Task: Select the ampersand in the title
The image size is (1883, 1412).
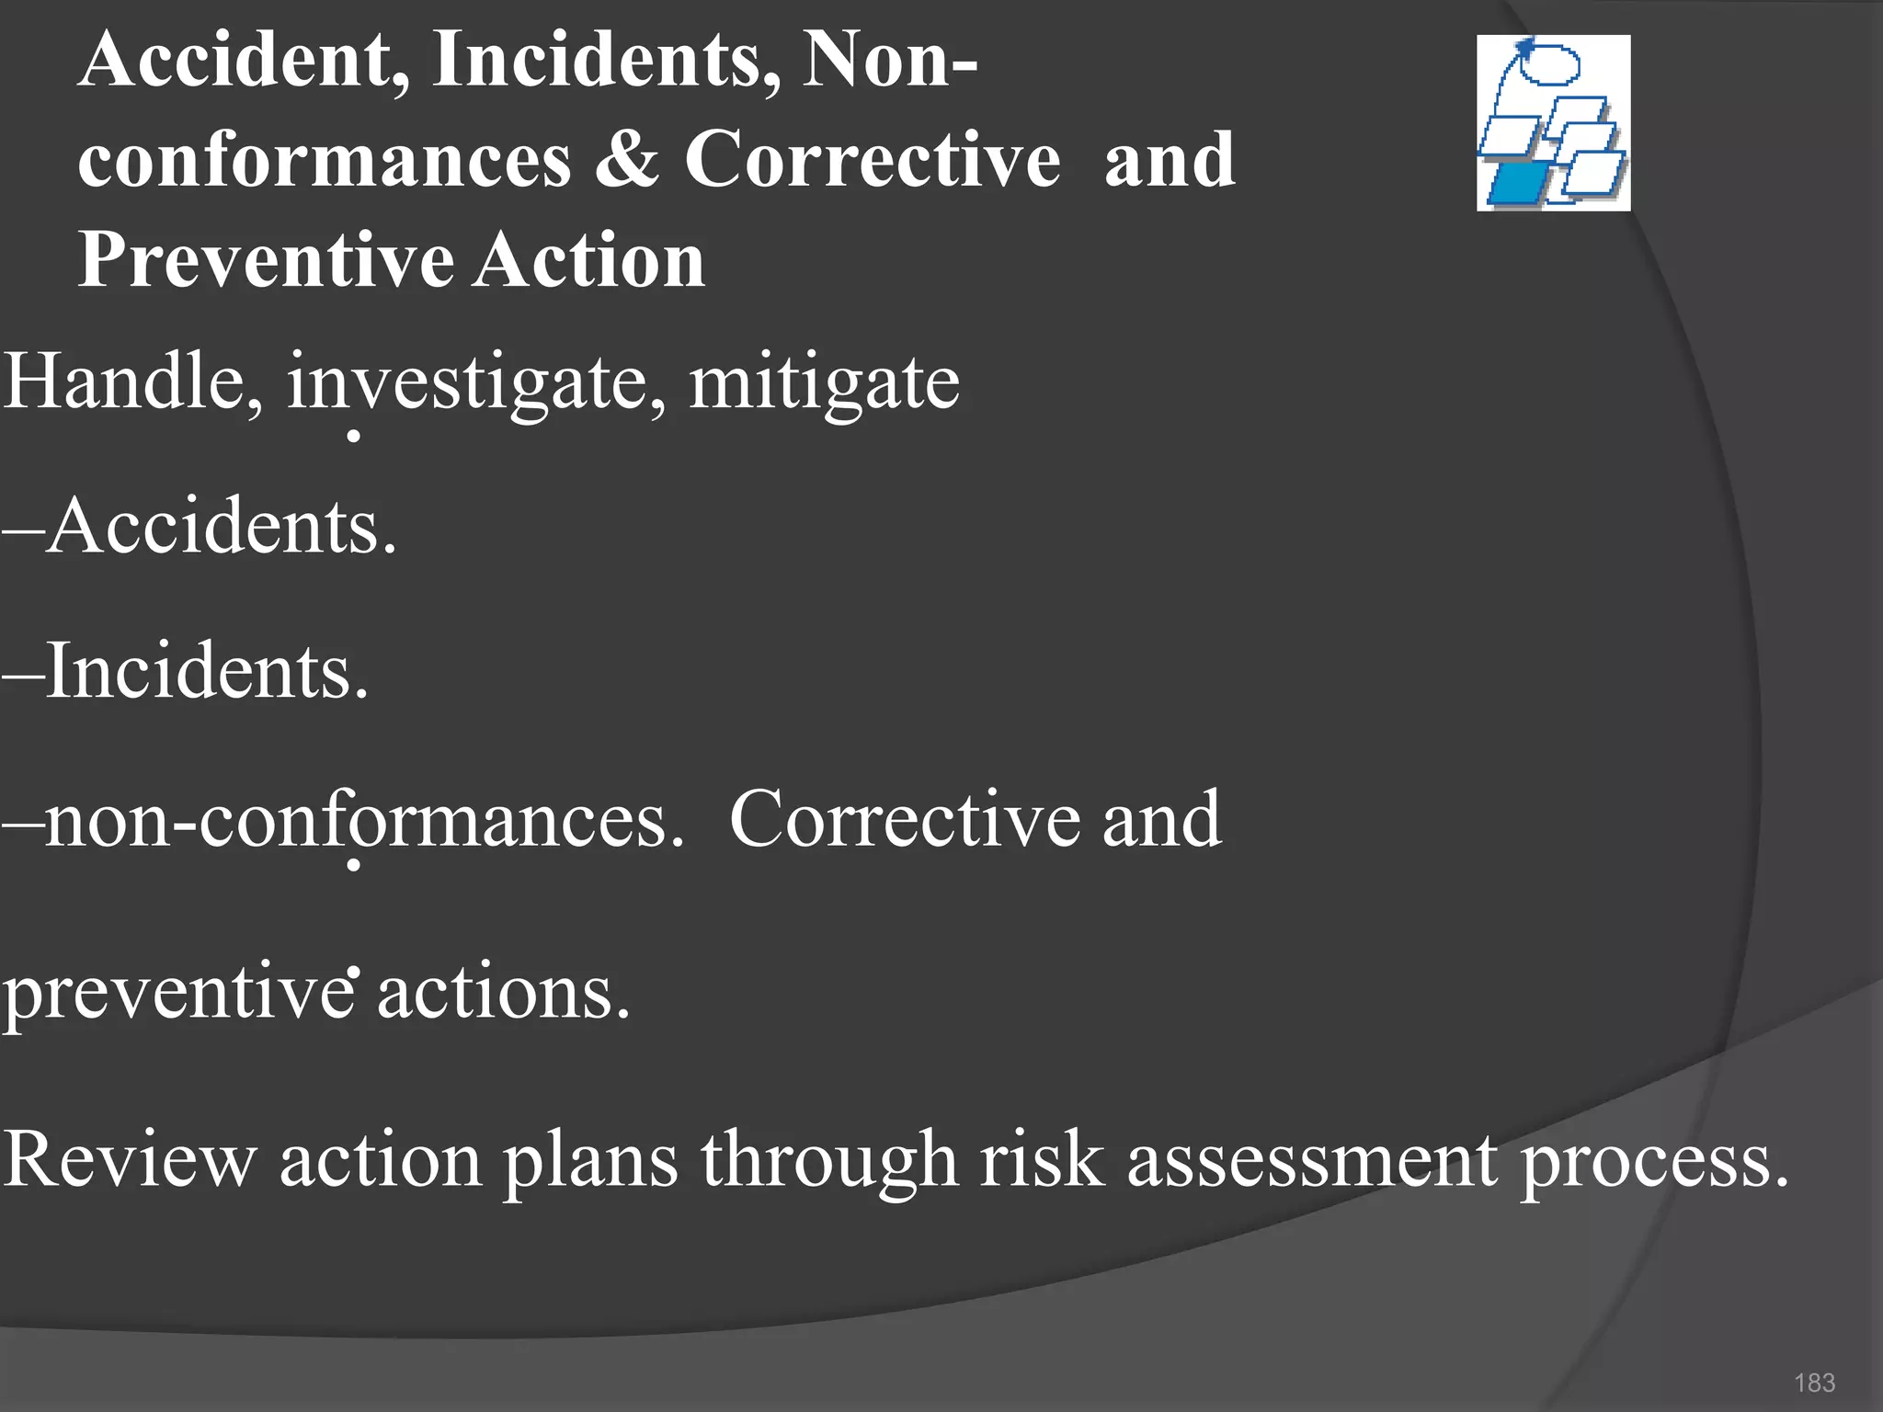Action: pyautogui.click(x=626, y=160)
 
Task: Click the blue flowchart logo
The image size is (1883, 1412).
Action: pyautogui.click(x=1553, y=123)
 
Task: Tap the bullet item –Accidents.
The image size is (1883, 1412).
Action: pyautogui.click(x=200, y=527)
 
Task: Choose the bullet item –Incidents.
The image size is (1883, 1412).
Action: pyautogui.click(x=186, y=672)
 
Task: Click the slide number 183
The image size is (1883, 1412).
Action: pyautogui.click(x=1814, y=1383)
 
